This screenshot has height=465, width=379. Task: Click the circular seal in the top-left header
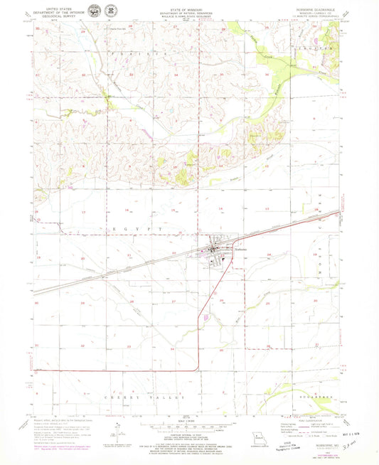(x=95, y=12)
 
